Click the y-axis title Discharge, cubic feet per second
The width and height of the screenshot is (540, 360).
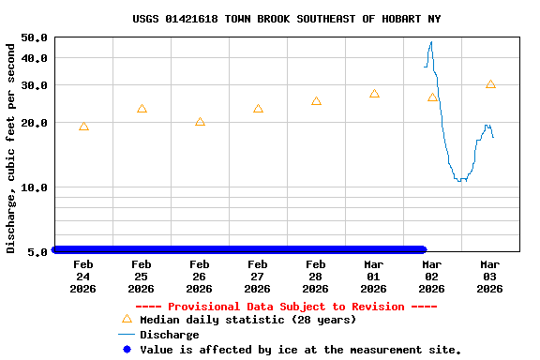click(x=11, y=147)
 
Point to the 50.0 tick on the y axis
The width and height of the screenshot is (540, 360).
click(x=35, y=37)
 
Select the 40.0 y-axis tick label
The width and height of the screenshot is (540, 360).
click(x=35, y=58)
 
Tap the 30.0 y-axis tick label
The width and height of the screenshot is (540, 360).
click(x=35, y=85)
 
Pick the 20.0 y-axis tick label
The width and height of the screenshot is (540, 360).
click(x=35, y=123)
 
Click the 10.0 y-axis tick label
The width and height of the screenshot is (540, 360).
click(x=35, y=187)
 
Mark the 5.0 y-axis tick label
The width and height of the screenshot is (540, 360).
click(x=38, y=252)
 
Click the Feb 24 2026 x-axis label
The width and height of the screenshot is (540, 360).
click(x=82, y=277)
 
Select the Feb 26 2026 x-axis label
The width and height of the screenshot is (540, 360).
click(x=199, y=277)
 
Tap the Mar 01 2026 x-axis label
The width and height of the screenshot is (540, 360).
click(x=373, y=277)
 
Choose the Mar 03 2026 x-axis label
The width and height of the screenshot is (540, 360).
click(x=489, y=277)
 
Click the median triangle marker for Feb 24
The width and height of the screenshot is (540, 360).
click(x=83, y=127)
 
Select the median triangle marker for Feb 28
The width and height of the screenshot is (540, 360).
click(x=316, y=101)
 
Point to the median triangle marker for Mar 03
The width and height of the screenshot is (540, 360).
click(x=490, y=84)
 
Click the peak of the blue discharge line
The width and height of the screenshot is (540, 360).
click(x=431, y=42)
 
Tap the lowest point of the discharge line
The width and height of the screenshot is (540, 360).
click(x=459, y=180)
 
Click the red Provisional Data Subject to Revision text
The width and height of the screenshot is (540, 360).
click(x=286, y=307)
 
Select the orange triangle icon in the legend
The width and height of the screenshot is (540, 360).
click(x=127, y=319)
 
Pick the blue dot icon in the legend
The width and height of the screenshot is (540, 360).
click(x=127, y=350)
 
